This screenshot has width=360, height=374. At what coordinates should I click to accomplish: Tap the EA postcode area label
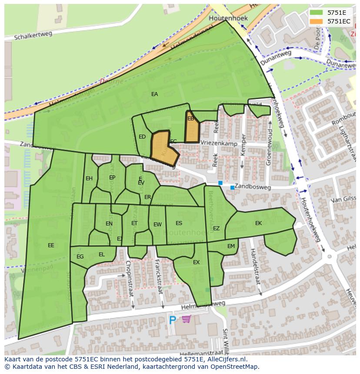154,94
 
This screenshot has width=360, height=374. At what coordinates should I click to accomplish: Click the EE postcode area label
51,245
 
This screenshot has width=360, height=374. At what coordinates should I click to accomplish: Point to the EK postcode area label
259,223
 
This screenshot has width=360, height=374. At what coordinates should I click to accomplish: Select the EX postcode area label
196,262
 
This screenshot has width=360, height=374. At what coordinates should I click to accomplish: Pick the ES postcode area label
179,223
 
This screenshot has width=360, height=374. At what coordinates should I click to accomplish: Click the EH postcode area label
89,179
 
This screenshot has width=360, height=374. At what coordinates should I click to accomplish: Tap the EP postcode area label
112,178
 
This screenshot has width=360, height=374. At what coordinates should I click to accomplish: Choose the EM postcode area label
231,246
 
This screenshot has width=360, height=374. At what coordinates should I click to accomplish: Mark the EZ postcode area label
216,228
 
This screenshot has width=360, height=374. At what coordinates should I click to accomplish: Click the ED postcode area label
142,137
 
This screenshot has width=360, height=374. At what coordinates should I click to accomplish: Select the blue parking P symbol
173,321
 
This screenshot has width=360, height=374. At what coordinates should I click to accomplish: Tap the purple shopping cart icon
187,320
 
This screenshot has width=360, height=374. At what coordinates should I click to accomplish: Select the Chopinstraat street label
129,278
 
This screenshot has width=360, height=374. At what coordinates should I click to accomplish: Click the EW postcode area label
157,225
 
